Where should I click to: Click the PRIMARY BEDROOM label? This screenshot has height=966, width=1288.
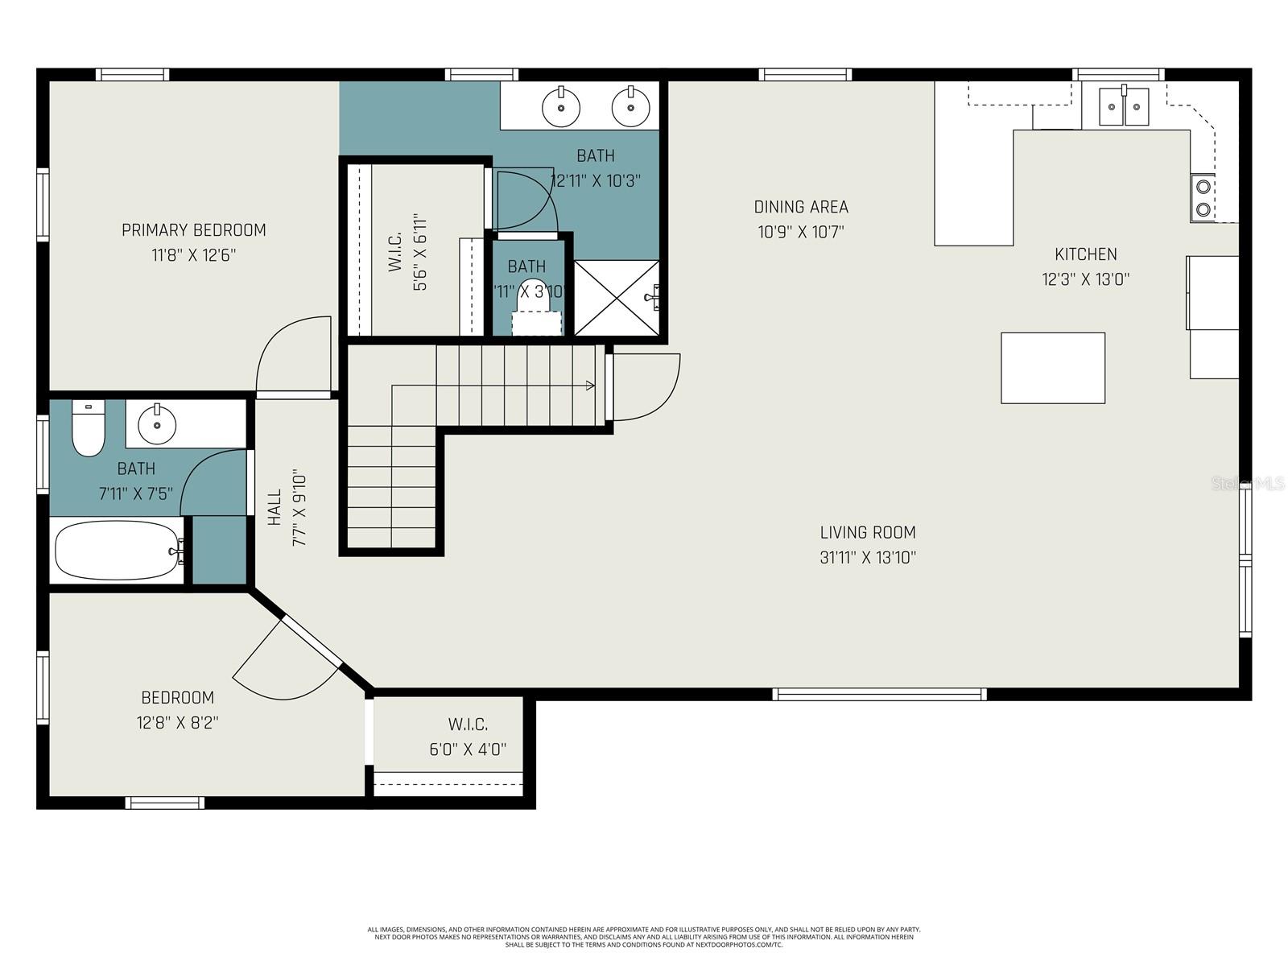[x=193, y=230]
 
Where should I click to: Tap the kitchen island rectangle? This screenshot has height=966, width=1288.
[x=1052, y=368]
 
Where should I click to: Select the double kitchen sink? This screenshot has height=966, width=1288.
[x=1124, y=106]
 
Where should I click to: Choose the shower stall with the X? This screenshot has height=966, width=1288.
[x=617, y=297]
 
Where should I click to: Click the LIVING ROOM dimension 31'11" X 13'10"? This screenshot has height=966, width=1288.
[x=868, y=557]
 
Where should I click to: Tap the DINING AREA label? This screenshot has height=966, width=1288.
[x=801, y=207]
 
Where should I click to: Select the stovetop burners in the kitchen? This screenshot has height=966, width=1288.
[x=1203, y=198]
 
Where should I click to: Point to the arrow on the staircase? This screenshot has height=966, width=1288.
[x=590, y=386]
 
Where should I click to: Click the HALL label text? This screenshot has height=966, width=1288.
[x=275, y=507]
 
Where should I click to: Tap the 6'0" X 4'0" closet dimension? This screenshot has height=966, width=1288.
[x=468, y=749]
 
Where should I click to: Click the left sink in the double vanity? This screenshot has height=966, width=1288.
[x=560, y=108]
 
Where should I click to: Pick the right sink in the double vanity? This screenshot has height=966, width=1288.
[x=630, y=106]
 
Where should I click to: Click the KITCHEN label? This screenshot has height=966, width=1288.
[x=1085, y=254]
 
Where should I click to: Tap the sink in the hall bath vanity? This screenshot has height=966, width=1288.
[x=157, y=424]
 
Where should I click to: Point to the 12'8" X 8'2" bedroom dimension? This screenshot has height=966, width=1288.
[x=177, y=723]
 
